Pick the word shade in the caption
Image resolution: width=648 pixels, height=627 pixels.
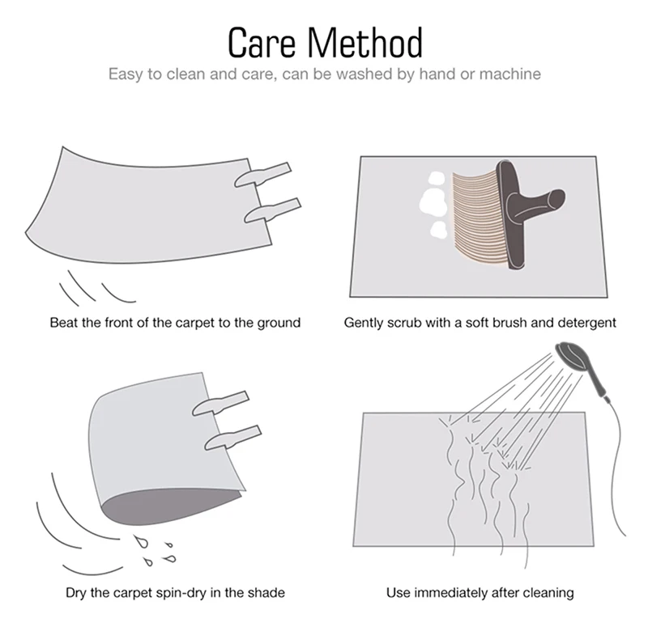[262, 593]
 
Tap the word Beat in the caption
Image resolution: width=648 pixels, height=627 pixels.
[64, 323]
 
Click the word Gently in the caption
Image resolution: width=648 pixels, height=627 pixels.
[364, 323]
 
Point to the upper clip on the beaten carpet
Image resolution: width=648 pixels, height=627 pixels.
[262, 176]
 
